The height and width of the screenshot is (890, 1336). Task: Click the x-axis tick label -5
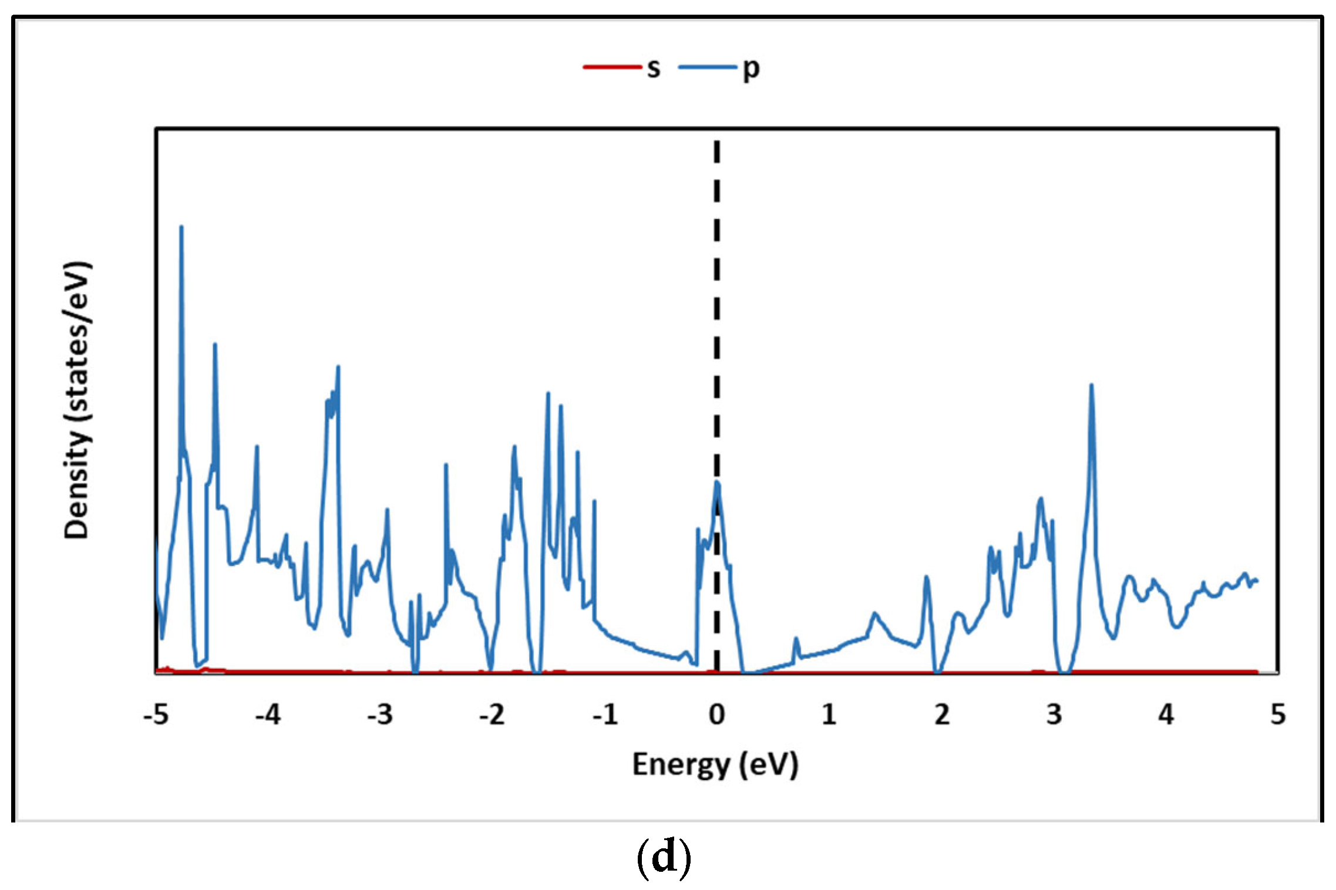tap(156, 715)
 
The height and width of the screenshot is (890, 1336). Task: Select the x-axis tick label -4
tap(268, 715)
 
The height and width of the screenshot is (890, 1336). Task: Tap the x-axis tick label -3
tap(380, 715)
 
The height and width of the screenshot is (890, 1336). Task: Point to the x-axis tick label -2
tap(492, 715)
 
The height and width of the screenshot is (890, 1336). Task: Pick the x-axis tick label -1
tap(605, 715)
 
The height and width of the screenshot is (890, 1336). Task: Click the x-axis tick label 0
tap(716, 715)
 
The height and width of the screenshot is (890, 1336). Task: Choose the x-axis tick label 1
tap(829, 715)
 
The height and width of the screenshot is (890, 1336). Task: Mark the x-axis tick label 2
tap(941, 715)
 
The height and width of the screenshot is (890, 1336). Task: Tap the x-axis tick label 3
tap(1054, 715)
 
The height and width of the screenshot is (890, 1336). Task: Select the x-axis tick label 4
tap(1166, 715)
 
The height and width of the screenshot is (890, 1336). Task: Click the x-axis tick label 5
tap(1278, 715)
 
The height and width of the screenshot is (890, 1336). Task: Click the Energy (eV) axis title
tap(715, 765)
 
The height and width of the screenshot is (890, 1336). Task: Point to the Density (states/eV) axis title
tap(77, 400)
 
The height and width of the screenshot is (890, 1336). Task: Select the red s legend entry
tap(622, 68)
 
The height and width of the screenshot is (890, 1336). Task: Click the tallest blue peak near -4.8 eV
tap(181, 227)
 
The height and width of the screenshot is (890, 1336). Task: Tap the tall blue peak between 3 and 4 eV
tap(1091, 386)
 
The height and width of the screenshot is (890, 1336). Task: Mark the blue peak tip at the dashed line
tap(717, 483)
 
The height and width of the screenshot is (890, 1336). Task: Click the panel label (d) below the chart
tap(664, 858)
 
